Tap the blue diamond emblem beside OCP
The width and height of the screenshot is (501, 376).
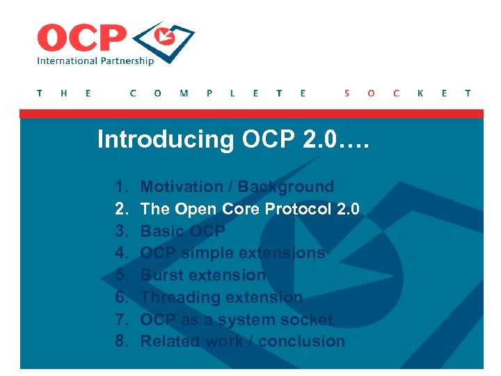[x=164, y=40]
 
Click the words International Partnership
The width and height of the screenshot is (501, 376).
[x=95, y=61]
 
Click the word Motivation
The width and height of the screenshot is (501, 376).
[x=179, y=187]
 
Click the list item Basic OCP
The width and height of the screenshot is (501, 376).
[x=182, y=231]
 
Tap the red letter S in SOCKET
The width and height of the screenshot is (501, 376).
[x=347, y=93]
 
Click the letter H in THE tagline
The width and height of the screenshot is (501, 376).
[x=64, y=93]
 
